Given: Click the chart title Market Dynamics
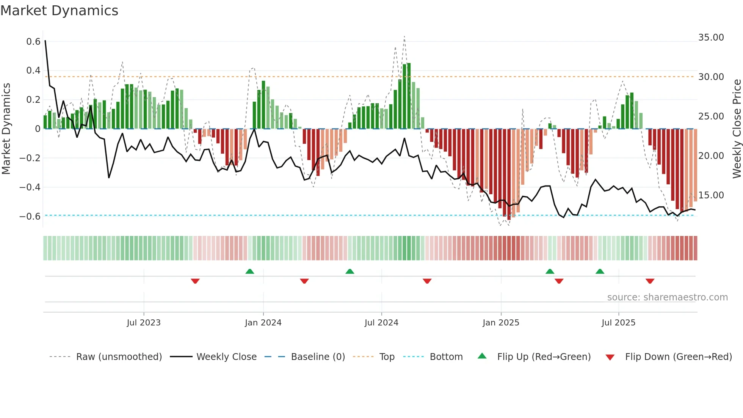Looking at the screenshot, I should pyautogui.click(x=60, y=11).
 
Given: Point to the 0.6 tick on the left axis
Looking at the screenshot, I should pyautogui.click(x=33, y=41).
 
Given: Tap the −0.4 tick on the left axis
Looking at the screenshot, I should pyautogui.click(x=30, y=187).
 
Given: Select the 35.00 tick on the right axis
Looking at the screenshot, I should pyautogui.click(x=711, y=38).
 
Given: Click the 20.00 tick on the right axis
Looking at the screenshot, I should pyautogui.click(x=711, y=156).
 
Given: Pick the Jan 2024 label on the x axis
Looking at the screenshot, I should pyautogui.click(x=263, y=323).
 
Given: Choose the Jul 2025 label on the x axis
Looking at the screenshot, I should pyautogui.click(x=618, y=323).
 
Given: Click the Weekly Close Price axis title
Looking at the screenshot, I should pyautogui.click(x=737, y=129).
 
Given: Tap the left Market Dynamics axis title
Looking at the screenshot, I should pyautogui.click(x=6, y=129).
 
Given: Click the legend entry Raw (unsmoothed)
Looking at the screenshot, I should pyautogui.click(x=119, y=357).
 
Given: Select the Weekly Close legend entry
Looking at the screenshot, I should pyautogui.click(x=226, y=357).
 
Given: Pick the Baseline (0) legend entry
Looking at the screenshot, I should pyautogui.click(x=318, y=357).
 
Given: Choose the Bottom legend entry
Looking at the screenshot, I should pyautogui.click(x=446, y=357).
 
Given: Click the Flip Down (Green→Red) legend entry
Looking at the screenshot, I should pyautogui.click(x=678, y=357).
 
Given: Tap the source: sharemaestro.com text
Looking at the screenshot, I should pyautogui.click(x=667, y=297).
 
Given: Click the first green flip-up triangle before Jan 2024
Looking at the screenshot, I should pyautogui.click(x=249, y=272).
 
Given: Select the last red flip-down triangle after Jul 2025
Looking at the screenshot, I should pyautogui.click(x=650, y=281).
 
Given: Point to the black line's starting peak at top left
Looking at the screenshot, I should pyautogui.click(x=45, y=41).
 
